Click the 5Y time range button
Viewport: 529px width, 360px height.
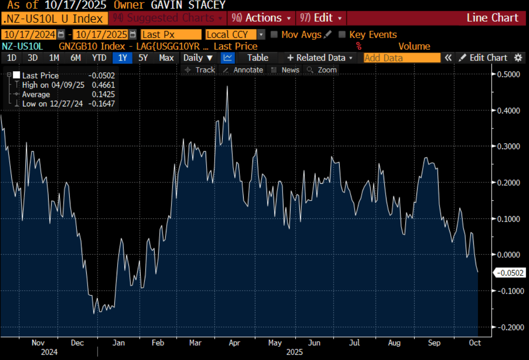point(143,58)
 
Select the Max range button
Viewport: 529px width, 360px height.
point(166,58)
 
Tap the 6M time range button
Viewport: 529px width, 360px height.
point(75,58)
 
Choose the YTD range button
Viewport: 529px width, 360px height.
point(99,58)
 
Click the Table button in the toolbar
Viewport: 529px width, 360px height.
point(258,58)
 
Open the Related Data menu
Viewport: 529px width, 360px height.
point(320,58)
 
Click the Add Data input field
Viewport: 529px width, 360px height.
point(402,58)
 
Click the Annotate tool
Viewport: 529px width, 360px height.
point(243,70)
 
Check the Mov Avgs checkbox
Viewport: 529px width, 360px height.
point(274,35)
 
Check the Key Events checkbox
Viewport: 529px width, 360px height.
point(342,35)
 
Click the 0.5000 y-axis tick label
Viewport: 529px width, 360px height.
point(508,74)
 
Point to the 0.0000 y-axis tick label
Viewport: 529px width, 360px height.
point(508,255)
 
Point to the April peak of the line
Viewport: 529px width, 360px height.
point(227,87)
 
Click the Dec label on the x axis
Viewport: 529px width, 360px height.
point(78,343)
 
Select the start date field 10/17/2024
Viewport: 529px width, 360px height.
point(29,35)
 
